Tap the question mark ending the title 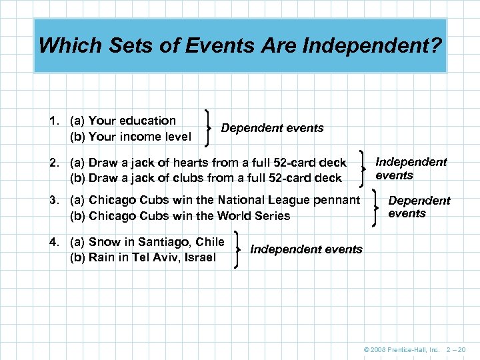[437, 45]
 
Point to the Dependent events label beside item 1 [272, 128]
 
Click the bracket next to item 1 [211, 128]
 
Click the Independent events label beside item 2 [411, 169]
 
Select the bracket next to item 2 [363, 169]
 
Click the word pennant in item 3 [337, 200]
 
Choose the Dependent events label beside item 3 [419, 207]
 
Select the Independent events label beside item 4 [306, 249]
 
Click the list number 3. [53, 200]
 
